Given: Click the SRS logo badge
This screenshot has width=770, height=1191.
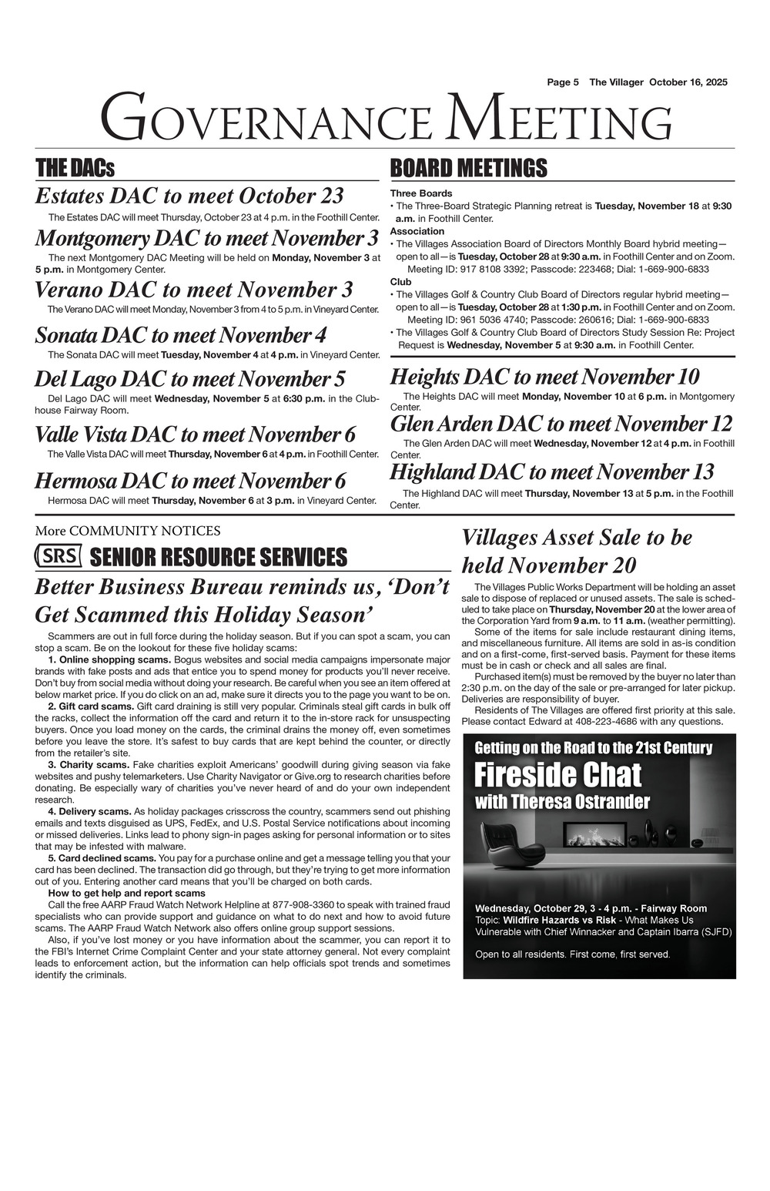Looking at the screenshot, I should coord(59,556).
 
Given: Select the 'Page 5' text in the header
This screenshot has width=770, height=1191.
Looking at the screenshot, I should coord(563,82).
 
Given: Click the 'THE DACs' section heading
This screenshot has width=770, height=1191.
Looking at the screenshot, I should coord(75,168).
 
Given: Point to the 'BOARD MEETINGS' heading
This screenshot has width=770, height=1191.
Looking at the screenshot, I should coord(468,168).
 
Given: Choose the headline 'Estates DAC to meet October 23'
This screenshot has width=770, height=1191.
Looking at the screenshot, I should coord(189,196).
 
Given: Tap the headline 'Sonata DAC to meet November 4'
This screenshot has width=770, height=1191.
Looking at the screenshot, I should coord(181,335).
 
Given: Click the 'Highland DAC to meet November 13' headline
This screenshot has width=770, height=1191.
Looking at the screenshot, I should coord(552,471).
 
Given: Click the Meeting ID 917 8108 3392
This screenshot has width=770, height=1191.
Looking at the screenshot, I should coord(502,269).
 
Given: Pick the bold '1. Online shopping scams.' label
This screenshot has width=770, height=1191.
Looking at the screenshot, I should coord(109,660).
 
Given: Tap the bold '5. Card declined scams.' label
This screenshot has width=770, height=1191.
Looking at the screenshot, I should coord(102,857).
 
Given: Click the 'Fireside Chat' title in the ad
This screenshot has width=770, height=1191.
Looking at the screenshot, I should coord(557,774).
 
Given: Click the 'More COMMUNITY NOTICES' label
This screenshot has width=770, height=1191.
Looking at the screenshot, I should coord(127,531).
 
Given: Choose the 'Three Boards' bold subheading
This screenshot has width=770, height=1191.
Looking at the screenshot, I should coord(421,193).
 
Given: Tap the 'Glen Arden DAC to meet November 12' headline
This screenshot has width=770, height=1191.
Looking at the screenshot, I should coord(561,424).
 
